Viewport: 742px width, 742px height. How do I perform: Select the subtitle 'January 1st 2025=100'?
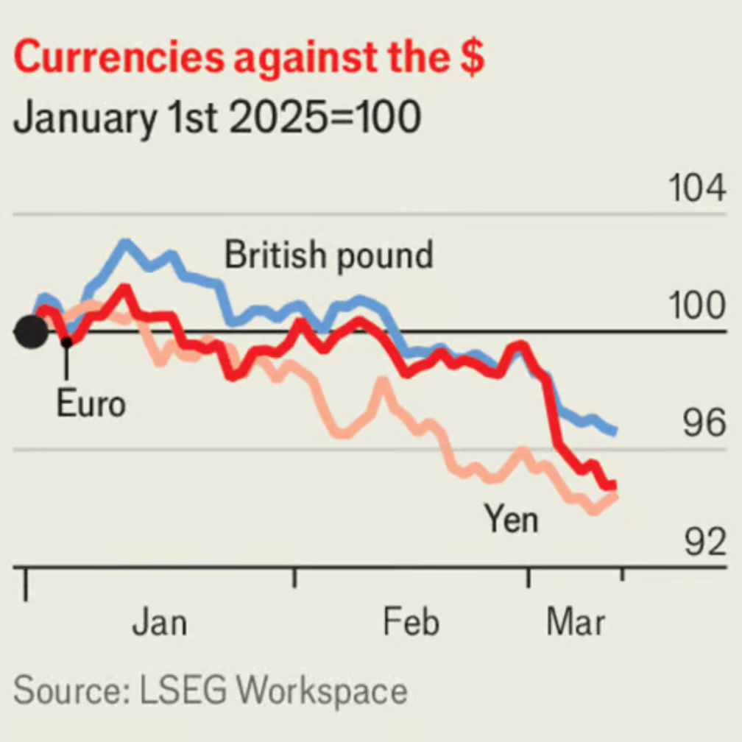217,118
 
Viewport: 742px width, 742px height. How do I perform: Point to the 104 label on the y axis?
696,189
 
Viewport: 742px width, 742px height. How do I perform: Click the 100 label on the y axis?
696,307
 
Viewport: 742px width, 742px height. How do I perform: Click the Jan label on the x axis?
159,623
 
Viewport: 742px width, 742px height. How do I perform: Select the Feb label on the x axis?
411,623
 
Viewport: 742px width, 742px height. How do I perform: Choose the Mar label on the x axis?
576,623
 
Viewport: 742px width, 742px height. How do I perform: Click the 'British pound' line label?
328,255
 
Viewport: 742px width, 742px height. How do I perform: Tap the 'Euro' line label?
91,403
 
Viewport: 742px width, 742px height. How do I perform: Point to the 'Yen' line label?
511,520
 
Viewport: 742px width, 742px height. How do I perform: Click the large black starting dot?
31,333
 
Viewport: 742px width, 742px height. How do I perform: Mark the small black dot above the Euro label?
66,342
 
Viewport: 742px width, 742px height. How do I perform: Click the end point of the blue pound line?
614,431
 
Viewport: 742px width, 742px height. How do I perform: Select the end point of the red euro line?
612,485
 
